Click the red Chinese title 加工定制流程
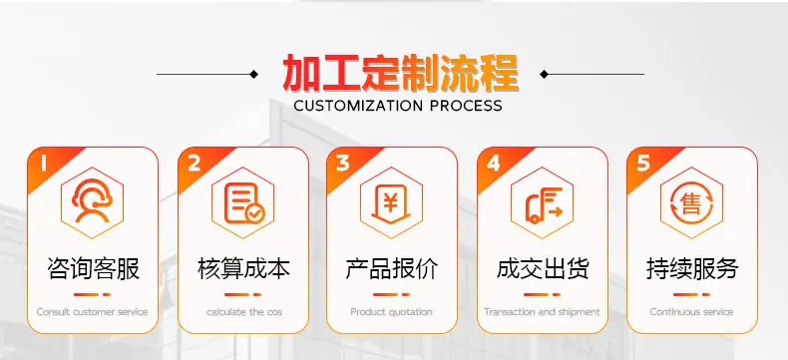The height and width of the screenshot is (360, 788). pos(401,74)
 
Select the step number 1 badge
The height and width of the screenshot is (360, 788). pos(43,164)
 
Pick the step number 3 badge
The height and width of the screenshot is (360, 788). pos(343,164)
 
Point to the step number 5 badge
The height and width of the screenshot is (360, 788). pos(643,164)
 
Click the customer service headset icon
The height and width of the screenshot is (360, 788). pos(92,200)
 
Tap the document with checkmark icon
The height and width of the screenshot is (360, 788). pos(243,202)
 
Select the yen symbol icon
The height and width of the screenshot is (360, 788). pos(391,203)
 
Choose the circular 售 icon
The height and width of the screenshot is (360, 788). pos(691,202)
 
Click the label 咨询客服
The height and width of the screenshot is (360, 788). pos(93,268)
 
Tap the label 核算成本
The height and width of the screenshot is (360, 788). pos(243,268)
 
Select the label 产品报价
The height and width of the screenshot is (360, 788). pos(392,268)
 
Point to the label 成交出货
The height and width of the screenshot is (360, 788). pos(543,268)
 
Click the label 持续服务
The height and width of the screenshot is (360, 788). pos(692,268)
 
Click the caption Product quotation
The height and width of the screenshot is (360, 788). pos(391,312)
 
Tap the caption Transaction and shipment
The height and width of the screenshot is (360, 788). pos(542,312)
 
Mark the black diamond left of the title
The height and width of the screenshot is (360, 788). pos(253,75)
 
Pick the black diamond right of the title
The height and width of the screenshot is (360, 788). pos(544,75)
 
